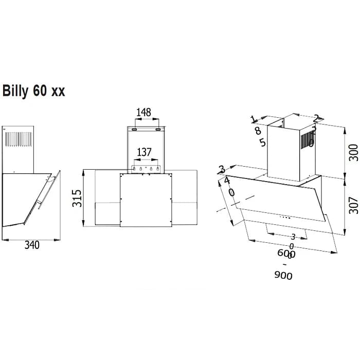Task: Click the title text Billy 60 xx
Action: point(34,91)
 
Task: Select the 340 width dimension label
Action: point(31,245)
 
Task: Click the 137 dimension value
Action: point(145,152)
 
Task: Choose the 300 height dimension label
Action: point(353,152)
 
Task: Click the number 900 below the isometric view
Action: point(283,276)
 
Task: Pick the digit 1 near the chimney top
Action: point(253,119)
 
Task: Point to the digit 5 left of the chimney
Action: point(263,142)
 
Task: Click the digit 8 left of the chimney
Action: point(258,131)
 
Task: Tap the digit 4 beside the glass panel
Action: point(227,181)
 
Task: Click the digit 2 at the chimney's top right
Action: point(316,118)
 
